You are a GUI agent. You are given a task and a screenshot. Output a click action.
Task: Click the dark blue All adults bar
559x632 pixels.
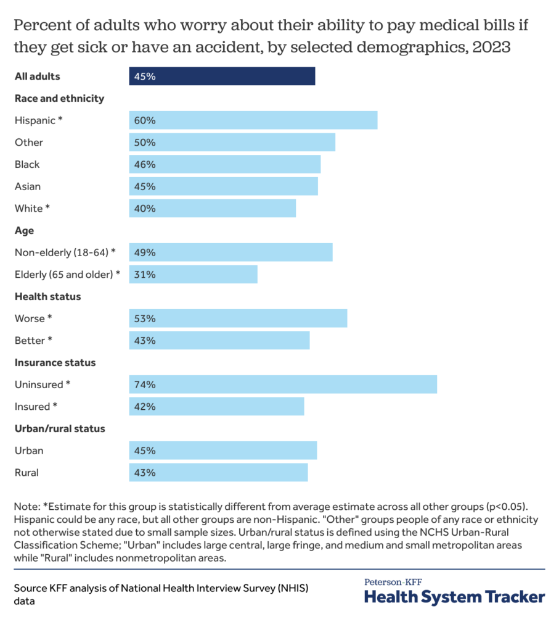[222, 77]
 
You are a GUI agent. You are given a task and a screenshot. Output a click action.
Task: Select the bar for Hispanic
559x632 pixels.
[253, 120]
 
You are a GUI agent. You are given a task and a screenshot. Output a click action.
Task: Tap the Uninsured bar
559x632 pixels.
[283, 385]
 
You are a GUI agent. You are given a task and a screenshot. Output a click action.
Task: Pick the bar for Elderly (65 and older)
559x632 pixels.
[193, 275]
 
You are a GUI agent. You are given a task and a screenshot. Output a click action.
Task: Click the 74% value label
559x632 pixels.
[145, 385]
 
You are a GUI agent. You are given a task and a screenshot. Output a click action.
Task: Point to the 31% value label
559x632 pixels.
[145, 275]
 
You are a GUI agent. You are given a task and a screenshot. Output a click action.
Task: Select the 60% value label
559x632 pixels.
[145, 120]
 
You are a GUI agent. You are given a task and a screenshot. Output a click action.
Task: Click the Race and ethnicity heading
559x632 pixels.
[59, 98]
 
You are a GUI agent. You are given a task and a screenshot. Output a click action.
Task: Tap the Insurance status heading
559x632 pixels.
[55, 362]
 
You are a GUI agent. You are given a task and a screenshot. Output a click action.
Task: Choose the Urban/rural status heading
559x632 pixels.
[60, 428]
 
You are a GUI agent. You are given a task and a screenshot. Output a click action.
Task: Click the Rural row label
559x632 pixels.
[27, 473]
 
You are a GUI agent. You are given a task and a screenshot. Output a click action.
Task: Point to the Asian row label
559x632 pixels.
[28, 186]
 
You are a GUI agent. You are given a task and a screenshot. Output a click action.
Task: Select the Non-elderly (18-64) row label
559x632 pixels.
[65, 252]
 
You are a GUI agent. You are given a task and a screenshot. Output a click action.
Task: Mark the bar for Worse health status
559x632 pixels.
[238, 318]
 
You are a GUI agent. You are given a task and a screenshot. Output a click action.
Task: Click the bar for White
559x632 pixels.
[212, 209]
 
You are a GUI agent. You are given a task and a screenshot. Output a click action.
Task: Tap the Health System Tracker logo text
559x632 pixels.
[454, 597]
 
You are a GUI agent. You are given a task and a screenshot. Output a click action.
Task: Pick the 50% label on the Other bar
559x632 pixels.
[145, 143]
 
